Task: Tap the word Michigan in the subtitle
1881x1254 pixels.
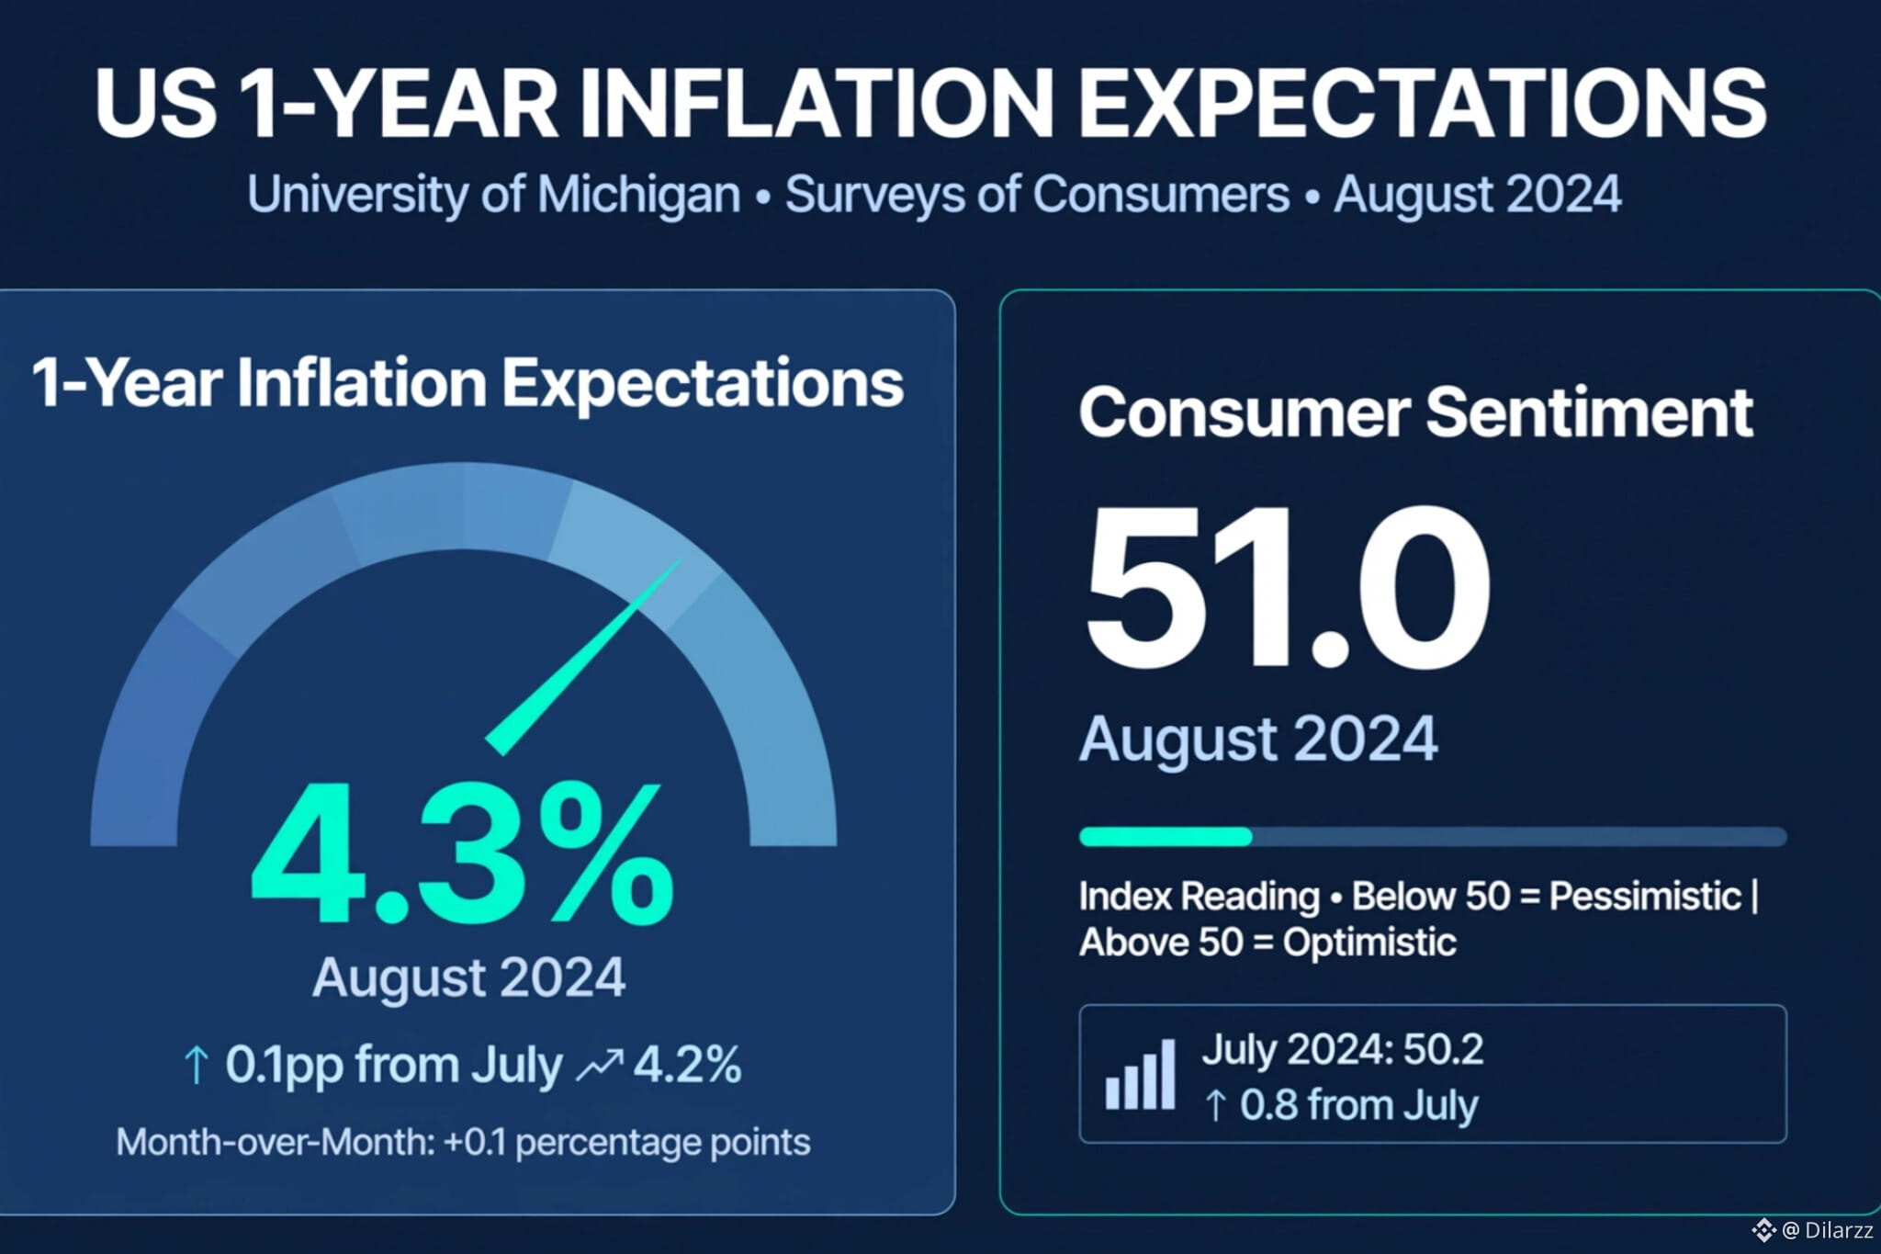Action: click(x=638, y=196)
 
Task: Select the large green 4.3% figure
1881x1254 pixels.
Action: click(x=462, y=853)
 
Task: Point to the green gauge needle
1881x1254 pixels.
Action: click(x=583, y=656)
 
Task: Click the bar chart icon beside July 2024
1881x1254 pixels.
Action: click(x=1140, y=1074)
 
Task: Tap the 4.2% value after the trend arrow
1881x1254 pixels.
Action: click(x=688, y=1065)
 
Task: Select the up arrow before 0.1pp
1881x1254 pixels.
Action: click(x=195, y=1066)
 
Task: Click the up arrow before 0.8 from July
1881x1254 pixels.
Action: click(x=1215, y=1105)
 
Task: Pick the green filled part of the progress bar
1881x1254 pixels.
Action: click(x=1166, y=836)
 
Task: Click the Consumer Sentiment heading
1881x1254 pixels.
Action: click(x=1415, y=412)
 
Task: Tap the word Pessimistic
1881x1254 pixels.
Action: click(x=1645, y=897)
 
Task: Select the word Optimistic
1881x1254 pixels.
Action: click(x=1369, y=943)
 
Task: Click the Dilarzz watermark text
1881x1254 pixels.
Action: click(x=1839, y=1230)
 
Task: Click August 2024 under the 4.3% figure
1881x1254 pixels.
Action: click(x=468, y=977)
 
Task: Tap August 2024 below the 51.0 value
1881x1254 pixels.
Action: click(x=1258, y=739)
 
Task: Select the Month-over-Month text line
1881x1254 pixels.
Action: click(x=463, y=1142)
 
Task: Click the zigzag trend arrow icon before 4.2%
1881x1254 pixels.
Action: click(x=599, y=1065)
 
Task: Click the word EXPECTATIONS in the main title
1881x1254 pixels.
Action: click(x=1422, y=103)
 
